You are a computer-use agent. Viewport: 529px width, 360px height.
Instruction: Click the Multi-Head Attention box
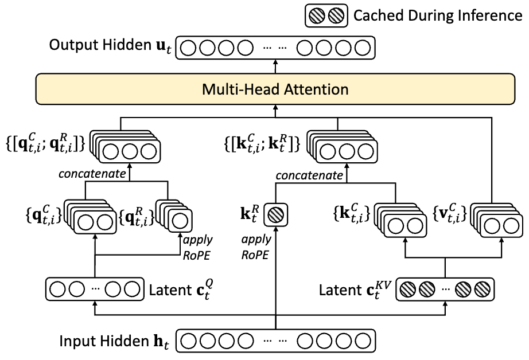point(275,89)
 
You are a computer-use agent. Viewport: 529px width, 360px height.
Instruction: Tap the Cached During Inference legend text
point(438,15)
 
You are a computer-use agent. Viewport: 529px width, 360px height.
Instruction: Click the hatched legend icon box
point(326,15)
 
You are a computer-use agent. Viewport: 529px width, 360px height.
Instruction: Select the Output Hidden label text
point(110,46)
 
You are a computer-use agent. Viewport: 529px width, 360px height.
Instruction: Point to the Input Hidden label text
point(114,341)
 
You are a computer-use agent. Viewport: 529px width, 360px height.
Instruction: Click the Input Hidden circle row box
point(275,341)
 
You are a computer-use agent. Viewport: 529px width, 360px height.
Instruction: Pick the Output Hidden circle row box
point(275,48)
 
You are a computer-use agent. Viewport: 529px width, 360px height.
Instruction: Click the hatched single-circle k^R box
point(275,215)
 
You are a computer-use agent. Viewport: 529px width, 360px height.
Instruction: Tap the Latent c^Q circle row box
point(95,289)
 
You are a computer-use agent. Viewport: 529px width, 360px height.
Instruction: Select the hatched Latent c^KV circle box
point(445,289)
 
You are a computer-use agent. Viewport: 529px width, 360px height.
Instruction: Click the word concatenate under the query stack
point(92,174)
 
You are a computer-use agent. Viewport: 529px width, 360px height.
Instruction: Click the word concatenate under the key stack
point(309,175)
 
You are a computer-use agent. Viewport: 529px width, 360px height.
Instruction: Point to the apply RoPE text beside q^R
point(197,248)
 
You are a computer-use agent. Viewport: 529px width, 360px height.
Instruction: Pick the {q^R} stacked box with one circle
point(174,216)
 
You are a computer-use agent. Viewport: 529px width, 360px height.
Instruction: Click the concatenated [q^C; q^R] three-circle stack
point(125,147)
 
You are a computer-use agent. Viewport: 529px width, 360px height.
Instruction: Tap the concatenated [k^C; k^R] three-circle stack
point(343,147)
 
